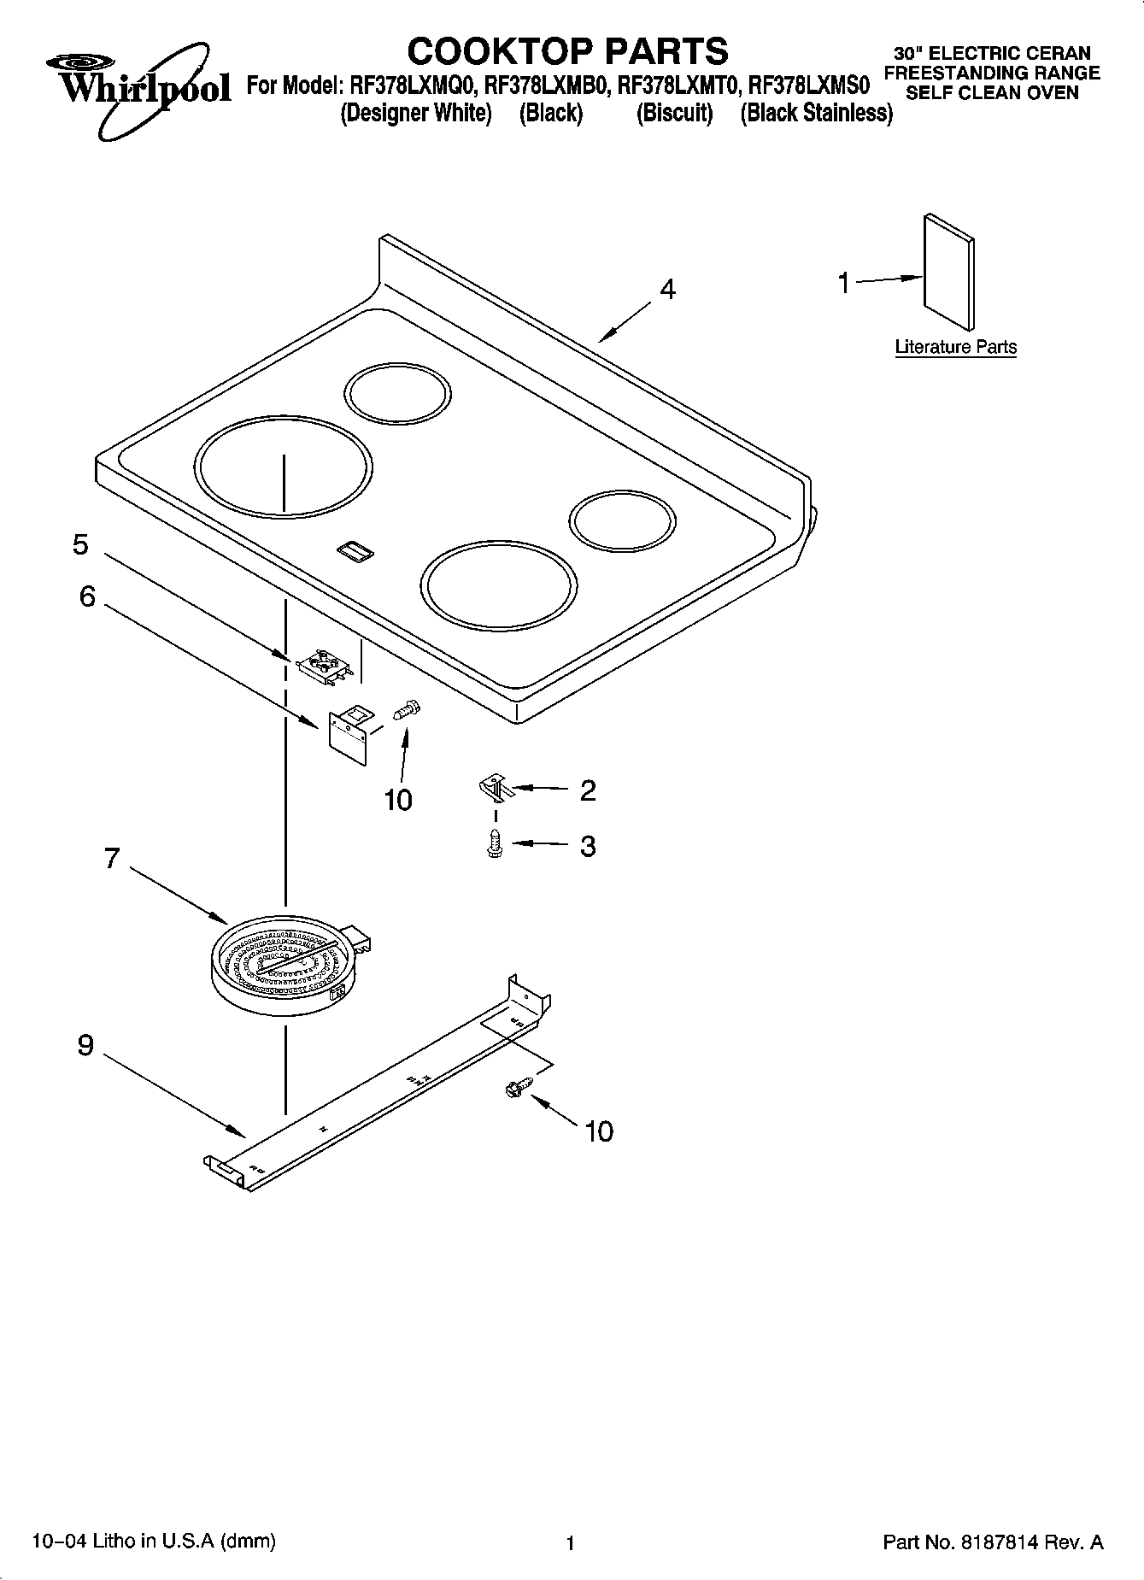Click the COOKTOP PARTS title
[567, 51]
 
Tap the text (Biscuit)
[674, 113]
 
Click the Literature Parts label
[955, 347]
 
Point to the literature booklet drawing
[948, 271]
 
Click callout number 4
[667, 291]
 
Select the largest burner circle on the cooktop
[283, 467]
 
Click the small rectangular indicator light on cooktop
[355, 551]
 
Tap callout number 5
[80, 544]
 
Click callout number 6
[87, 596]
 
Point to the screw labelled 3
[494, 844]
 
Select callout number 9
[85, 1044]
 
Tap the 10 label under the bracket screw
[398, 800]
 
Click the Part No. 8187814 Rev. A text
[992, 1542]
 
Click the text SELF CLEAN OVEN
[992, 93]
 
